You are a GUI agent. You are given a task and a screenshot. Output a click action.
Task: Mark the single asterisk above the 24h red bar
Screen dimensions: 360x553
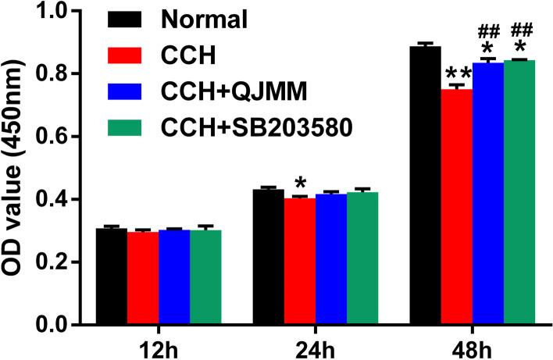pyautogui.click(x=299, y=185)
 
